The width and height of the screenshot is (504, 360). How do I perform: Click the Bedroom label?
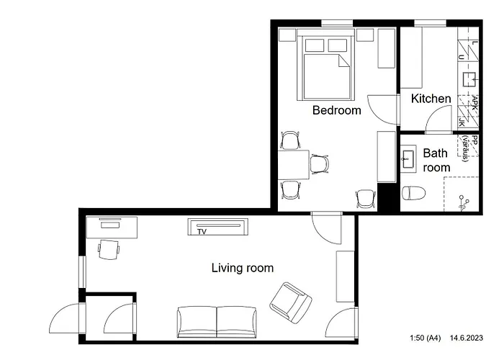(x=336, y=110)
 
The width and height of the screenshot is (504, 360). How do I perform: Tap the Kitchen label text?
(x=431, y=99)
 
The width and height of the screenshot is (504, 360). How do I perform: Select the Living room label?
(x=242, y=268)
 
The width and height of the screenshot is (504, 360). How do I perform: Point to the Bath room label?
(x=436, y=160)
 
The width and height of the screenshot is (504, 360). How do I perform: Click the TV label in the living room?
(x=202, y=231)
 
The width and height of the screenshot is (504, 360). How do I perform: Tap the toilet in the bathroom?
(x=413, y=192)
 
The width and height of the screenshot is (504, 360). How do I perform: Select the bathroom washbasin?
(x=408, y=158)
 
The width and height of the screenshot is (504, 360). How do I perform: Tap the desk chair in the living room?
(x=109, y=249)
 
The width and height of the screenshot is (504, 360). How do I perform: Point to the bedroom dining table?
(x=294, y=166)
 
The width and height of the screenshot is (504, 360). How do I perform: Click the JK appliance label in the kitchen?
(x=462, y=123)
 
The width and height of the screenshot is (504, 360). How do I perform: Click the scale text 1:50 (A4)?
(x=426, y=337)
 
